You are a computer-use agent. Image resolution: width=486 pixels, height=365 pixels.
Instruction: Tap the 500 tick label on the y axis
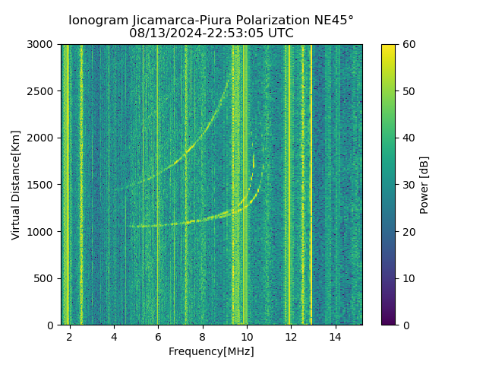[46, 278]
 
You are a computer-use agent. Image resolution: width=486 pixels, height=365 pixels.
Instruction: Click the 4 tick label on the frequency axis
[114, 336]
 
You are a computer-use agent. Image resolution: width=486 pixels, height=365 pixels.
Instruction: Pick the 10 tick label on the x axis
[247, 336]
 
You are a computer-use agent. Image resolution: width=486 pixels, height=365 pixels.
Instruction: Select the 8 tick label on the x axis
[203, 336]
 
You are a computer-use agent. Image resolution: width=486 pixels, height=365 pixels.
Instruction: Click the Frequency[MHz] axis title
[211, 351]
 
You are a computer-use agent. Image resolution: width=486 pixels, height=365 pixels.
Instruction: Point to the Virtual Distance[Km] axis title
[16, 185]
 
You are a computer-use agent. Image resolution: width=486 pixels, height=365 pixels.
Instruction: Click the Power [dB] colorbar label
[424, 185]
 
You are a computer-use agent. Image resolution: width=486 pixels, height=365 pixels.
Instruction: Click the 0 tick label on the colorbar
[405, 325]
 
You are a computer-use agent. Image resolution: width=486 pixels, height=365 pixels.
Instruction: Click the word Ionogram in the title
[97, 21]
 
